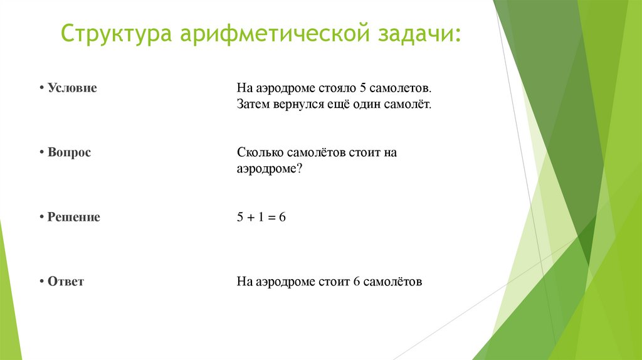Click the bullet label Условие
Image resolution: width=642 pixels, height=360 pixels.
(72, 88)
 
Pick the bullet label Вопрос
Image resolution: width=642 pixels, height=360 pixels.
(69, 152)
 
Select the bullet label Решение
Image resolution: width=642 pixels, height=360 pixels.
(73, 217)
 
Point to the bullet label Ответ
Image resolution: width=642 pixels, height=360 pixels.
(65, 282)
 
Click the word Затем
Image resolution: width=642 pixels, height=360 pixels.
(253, 104)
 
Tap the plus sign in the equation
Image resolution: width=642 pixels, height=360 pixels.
(250, 218)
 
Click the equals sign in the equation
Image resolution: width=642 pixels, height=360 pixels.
(272, 218)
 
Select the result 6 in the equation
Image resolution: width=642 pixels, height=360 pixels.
(283, 217)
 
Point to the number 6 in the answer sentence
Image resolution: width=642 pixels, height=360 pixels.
(356, 282)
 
